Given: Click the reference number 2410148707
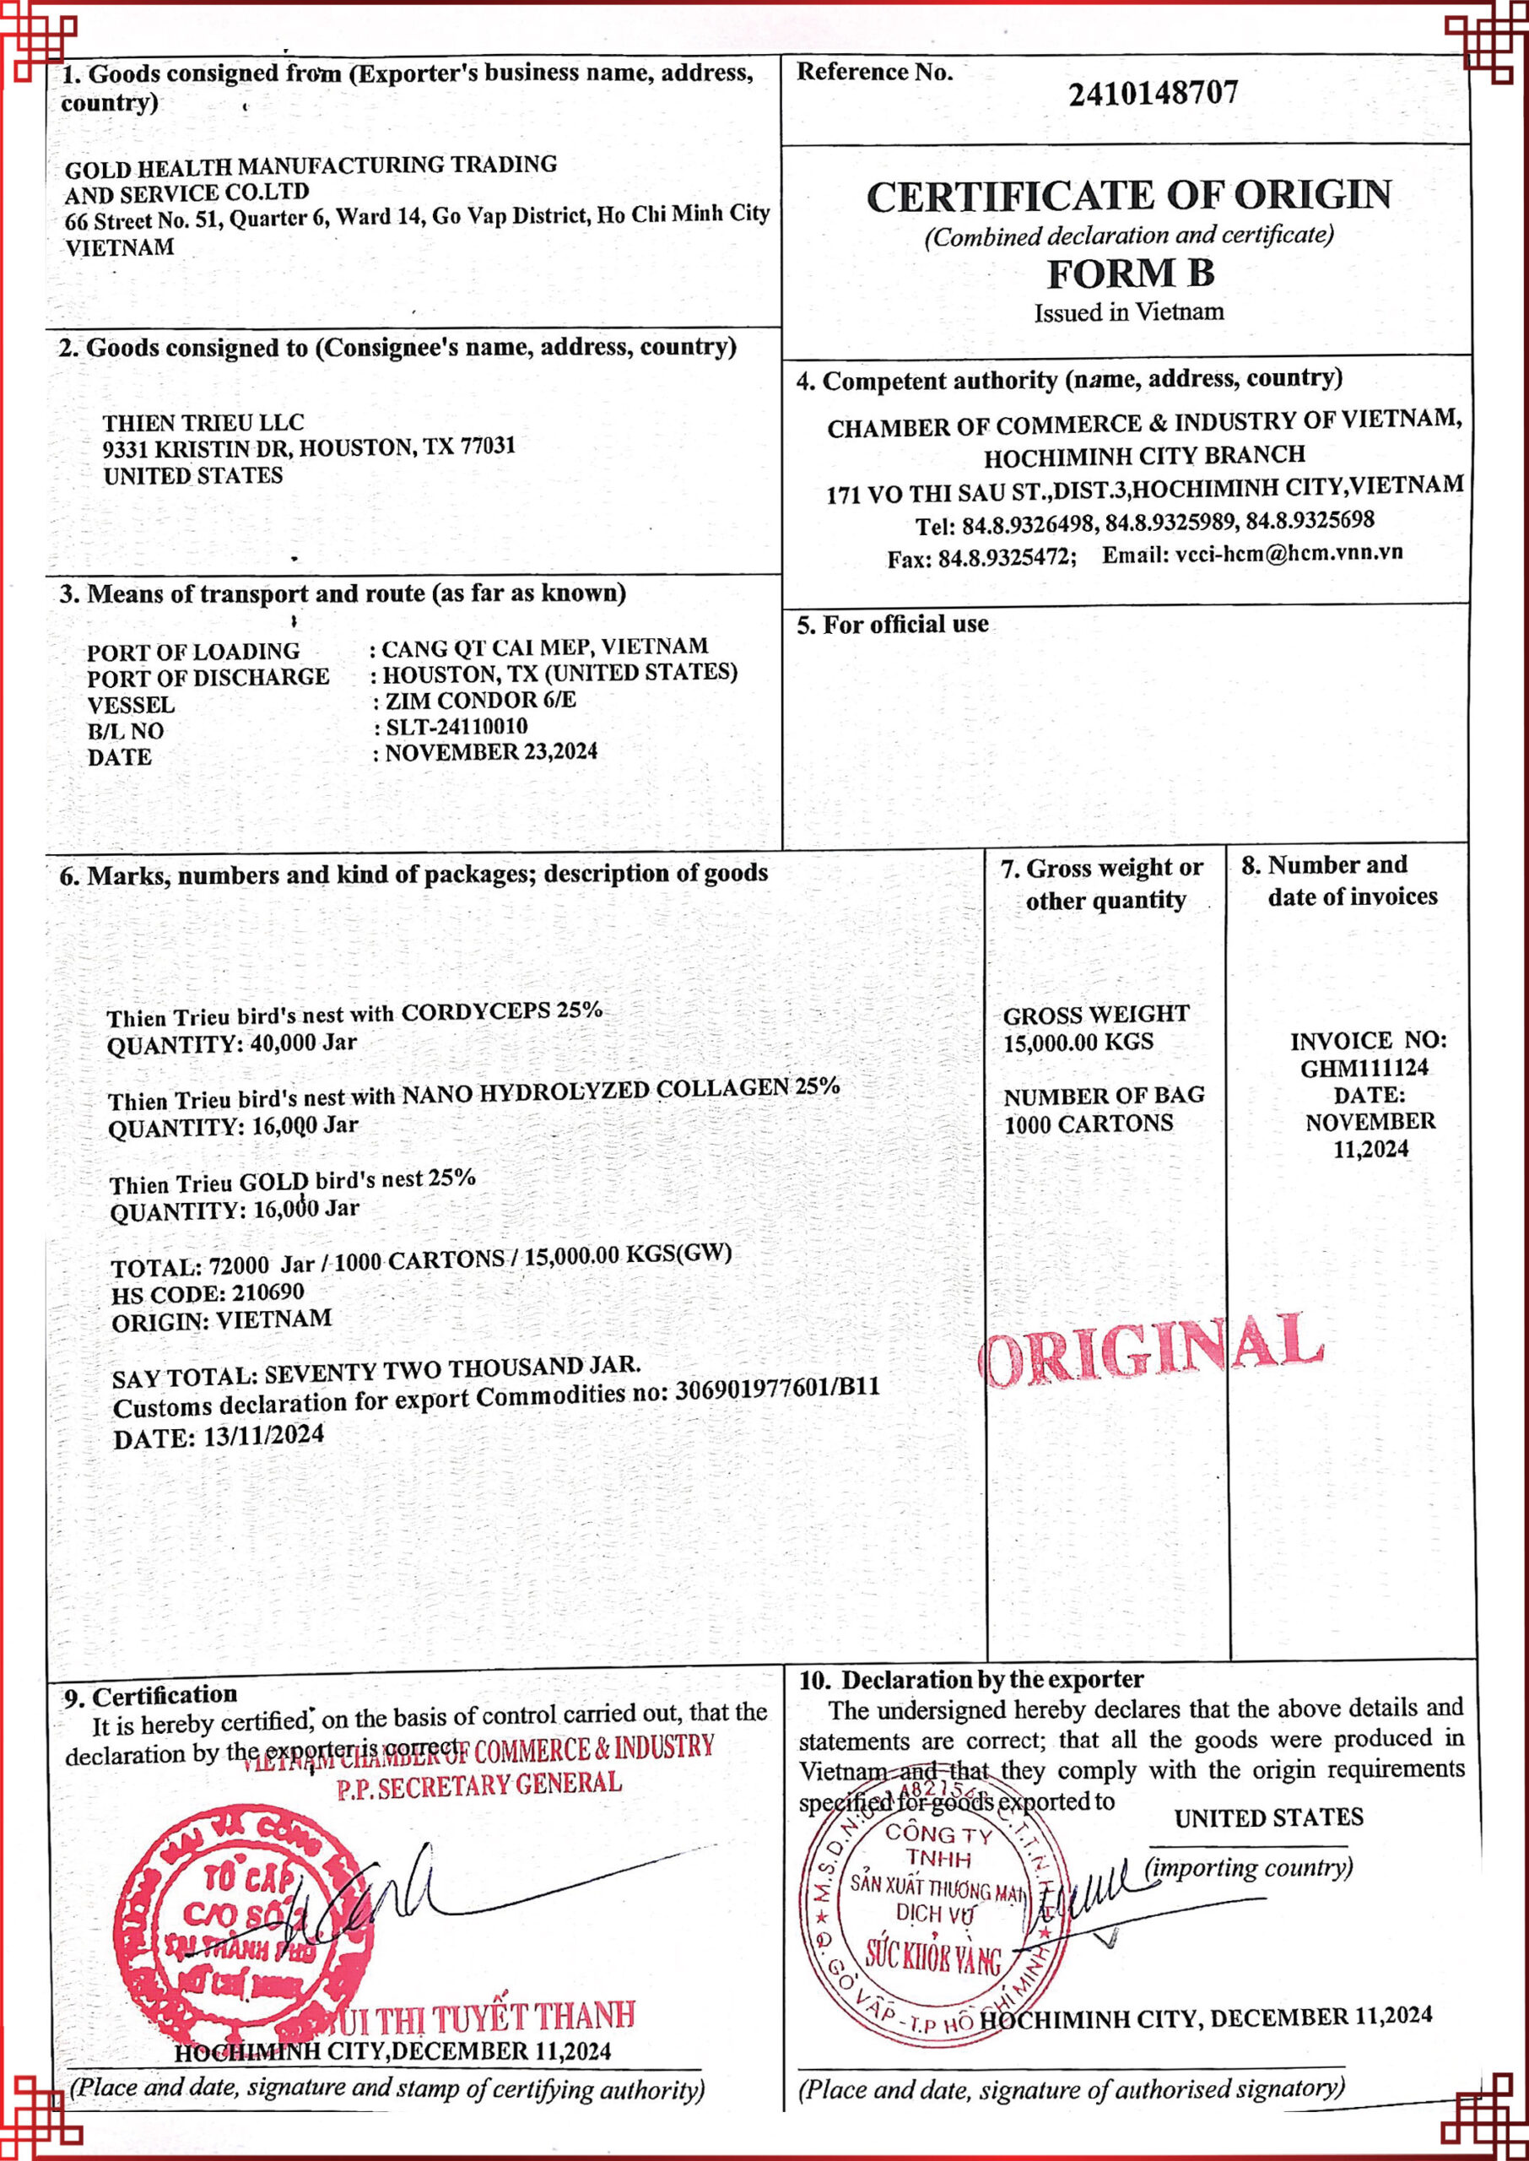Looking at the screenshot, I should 1153,93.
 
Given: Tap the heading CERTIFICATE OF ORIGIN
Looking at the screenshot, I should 1128,196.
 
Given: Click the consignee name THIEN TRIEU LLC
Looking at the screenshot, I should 203,422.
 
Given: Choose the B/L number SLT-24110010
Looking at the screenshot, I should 457,727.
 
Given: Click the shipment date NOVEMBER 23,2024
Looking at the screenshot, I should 490,752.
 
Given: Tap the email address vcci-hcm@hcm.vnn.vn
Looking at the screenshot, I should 1288,553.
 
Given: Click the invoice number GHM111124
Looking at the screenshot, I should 1364,1069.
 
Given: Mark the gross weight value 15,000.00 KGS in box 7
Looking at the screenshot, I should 1078,1043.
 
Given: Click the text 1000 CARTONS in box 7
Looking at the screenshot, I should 1089,1124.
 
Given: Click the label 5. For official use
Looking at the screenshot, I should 893,625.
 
